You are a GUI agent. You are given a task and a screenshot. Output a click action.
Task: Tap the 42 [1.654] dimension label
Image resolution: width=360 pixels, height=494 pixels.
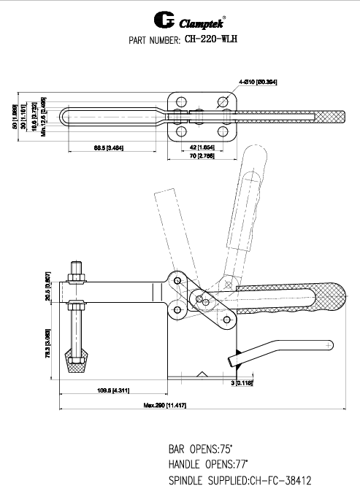coord(196,148)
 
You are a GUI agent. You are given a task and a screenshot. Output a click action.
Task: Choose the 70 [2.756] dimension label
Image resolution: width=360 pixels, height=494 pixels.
coord(196,156)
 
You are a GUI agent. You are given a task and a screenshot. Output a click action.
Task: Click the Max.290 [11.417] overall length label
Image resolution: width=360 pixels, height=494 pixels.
coord(165,405)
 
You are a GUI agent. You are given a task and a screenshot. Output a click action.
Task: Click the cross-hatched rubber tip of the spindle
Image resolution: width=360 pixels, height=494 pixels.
coord(75,363)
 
